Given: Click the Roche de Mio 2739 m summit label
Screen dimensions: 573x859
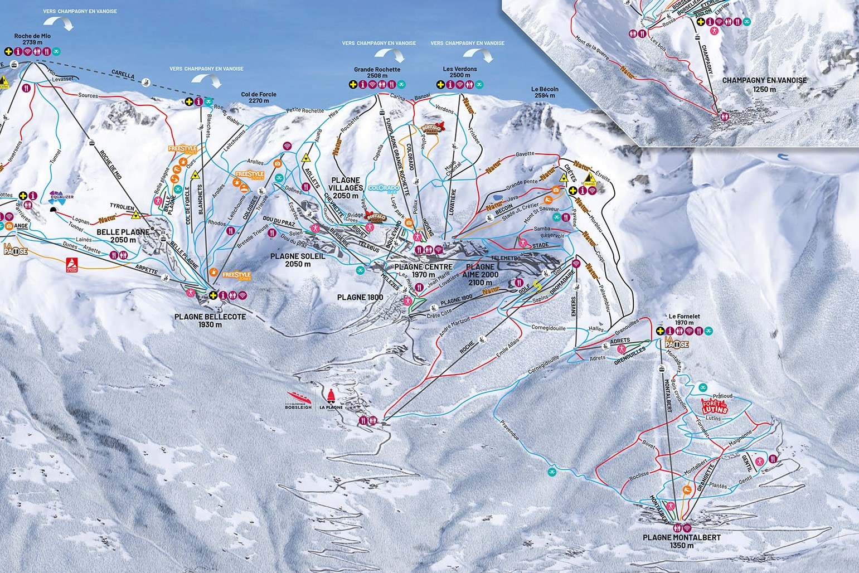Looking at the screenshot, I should point(29,38).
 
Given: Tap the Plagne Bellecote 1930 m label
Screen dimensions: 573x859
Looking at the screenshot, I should point(210,321).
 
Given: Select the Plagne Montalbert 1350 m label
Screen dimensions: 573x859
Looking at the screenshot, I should point(681,541).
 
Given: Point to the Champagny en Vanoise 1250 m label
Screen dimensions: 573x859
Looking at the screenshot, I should point(764,84).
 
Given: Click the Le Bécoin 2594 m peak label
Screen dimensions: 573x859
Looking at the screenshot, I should point(544,92).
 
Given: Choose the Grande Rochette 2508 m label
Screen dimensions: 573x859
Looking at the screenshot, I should point(377,72).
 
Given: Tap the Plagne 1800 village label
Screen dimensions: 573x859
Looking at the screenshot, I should point(360,297).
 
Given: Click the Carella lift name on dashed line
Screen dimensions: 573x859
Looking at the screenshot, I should point(123,73).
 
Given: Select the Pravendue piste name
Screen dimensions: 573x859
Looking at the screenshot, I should point(509,429).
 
